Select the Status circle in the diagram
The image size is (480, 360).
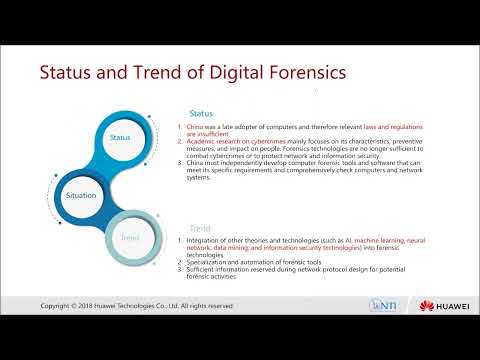click(x=119, y=137)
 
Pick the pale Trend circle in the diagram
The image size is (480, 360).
click(x=130, y=238)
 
